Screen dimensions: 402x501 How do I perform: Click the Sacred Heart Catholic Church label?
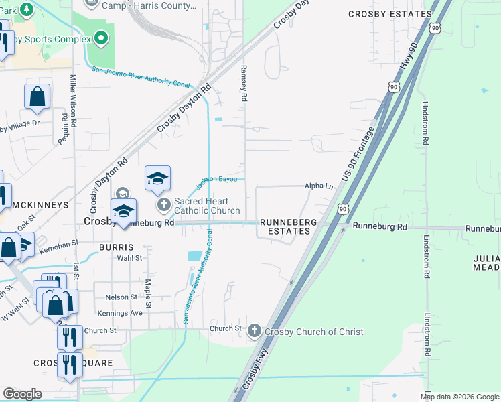click(206, 206)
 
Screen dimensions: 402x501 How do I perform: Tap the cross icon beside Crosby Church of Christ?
click(255, 331)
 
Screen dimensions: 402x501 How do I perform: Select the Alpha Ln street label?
click(319, 186)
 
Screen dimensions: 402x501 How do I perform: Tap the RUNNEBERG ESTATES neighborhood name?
click(286, 226)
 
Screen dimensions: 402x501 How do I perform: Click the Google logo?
click(22, 393)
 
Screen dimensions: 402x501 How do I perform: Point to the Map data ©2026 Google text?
click(459, 397)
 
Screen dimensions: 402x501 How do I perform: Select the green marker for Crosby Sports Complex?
click(101, 39)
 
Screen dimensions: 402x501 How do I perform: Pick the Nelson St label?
click(121, 297)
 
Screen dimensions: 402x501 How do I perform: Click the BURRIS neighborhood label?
click(111, 247)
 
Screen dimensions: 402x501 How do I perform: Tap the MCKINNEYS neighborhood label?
click(39, 204)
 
